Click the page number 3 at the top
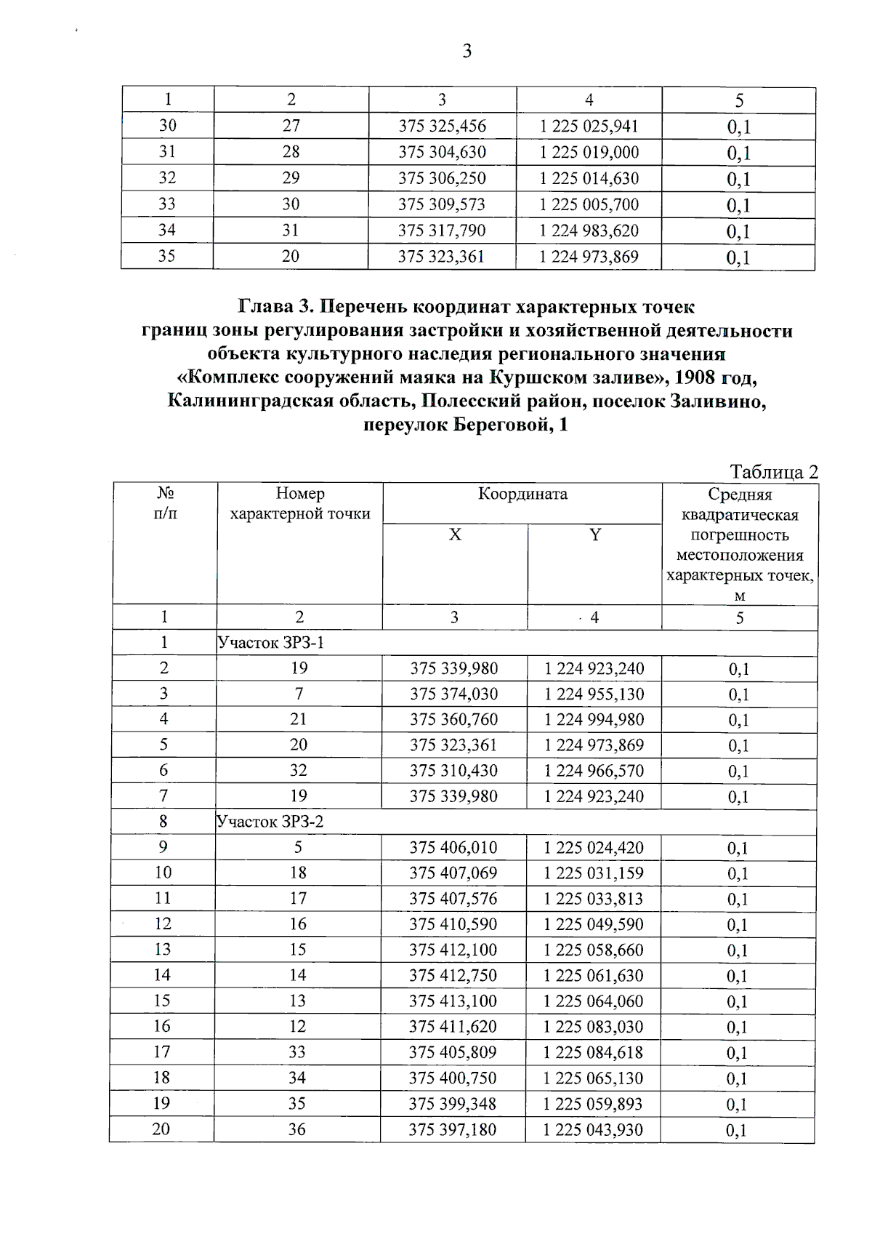point(467,51)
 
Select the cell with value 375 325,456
point(442,126)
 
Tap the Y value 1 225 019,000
point(589,152)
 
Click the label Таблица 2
point(774,472)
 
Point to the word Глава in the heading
point(273,306)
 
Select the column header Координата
point(522,494)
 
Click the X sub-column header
point(455,535)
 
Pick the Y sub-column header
point(595,535)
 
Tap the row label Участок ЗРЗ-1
point(270,643)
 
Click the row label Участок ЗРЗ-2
point(270,822)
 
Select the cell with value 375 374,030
point(454,694)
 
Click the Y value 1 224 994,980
point(594,719)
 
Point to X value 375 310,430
point(453,770)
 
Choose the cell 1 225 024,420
point(594,847)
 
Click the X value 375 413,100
point(453,1001)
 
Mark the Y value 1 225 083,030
point(593,1026)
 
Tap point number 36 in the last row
point(296,1129)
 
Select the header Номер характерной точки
point(300,504)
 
